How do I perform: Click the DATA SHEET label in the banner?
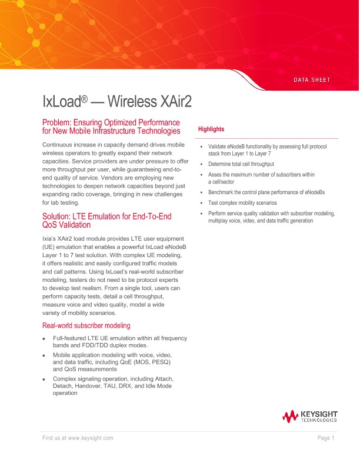(311, 80)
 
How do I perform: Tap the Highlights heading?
(211, 129)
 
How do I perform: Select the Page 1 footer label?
(326, 438)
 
